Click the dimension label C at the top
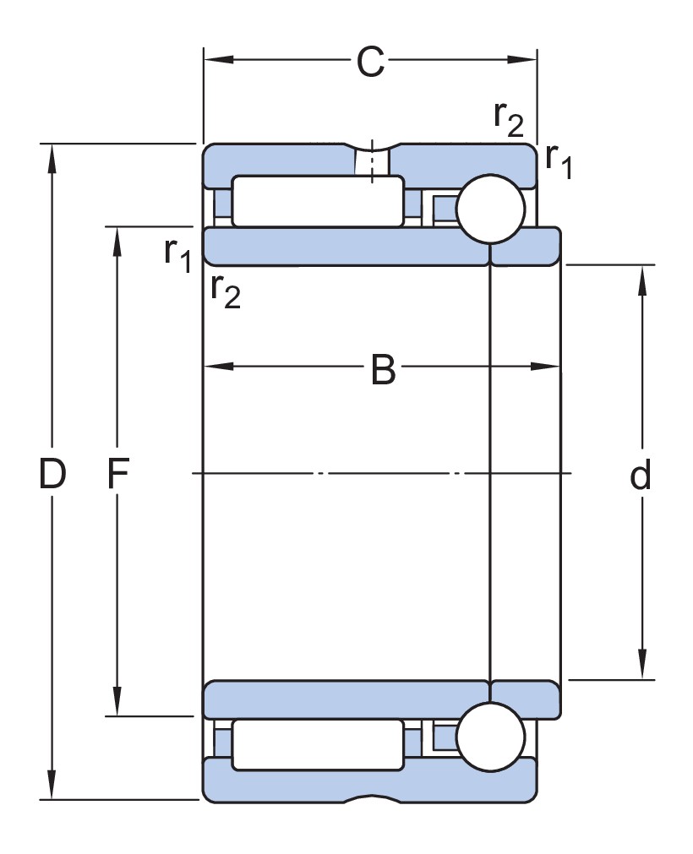370,62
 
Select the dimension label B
383,370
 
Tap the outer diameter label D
52,476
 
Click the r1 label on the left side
178,253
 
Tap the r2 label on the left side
226,291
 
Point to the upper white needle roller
318,201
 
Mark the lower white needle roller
318,744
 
